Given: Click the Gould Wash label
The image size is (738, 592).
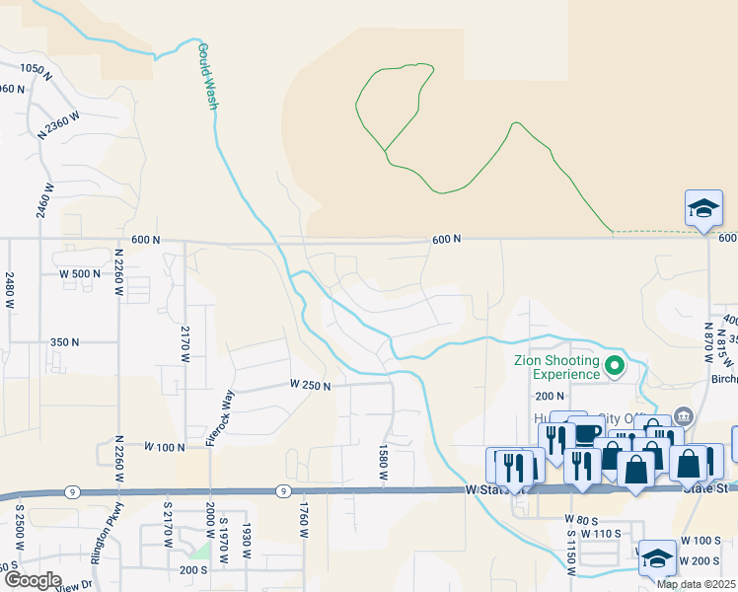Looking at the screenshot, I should pos(207,75).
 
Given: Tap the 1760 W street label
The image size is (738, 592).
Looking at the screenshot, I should pos(303,521).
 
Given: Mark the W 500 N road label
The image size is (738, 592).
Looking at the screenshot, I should pos(81,273).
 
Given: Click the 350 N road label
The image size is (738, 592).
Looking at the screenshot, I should pos(64,341).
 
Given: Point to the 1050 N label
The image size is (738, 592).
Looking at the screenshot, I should pos(34,68).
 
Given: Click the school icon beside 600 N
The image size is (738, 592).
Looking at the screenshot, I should pos(702,209).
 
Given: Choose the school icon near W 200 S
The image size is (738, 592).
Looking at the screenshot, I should pos(656,558).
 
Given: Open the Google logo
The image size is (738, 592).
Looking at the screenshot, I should pos(32,580).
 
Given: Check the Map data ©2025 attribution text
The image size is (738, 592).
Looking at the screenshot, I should pos(697,584).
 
